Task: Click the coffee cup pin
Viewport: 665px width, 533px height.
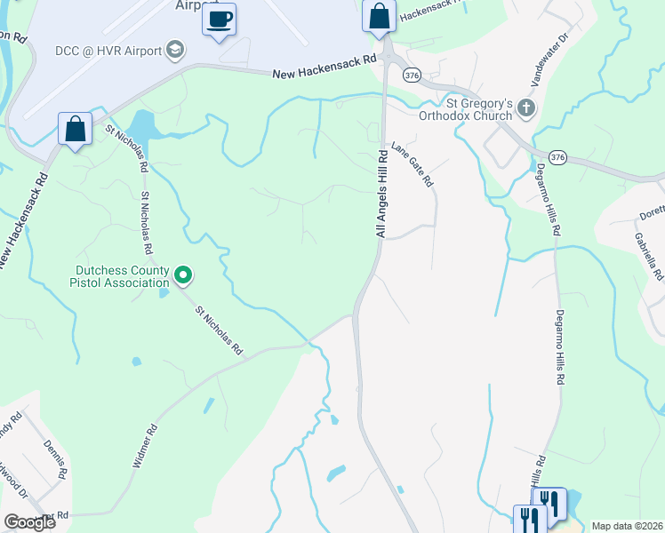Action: [x=219, y=19]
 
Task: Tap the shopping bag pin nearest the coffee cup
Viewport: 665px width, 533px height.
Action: [x=379, y=16]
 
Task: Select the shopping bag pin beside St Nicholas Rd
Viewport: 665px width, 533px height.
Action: [x=76, y=129]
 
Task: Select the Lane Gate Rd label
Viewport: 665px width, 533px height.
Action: [x=411, y=165]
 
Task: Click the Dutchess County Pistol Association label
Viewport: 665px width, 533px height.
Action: [x=123, y=276]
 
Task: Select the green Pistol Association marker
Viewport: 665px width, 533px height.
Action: [x=183, y=275]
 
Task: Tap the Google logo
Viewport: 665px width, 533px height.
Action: [x=29, y=521]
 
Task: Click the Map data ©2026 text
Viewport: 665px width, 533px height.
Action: [x=627, y=526]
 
